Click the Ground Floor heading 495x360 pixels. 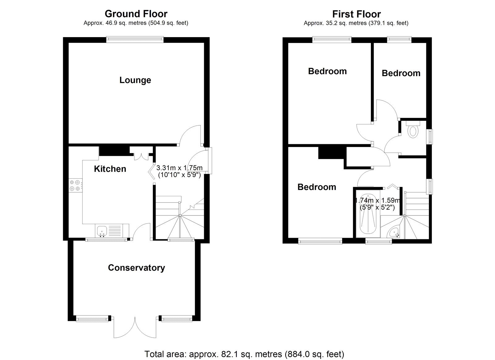(136, 14)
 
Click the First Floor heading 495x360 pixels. (356, 14)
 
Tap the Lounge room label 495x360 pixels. (135, 80)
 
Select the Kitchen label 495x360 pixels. (110, 169)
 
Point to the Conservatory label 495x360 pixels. (136, 268)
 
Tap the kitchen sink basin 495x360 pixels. (102, 231)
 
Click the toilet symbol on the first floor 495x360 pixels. (413, 131)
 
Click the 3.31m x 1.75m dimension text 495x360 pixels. (179, 171)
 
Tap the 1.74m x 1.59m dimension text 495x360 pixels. (377, 204)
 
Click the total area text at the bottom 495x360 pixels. (244, 354)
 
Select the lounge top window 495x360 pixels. (135, 39)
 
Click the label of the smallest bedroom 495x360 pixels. (401, 73)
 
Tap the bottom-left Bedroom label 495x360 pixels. (316, 187)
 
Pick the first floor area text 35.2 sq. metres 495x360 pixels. (356, 23)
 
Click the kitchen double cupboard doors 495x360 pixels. (141, 154)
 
